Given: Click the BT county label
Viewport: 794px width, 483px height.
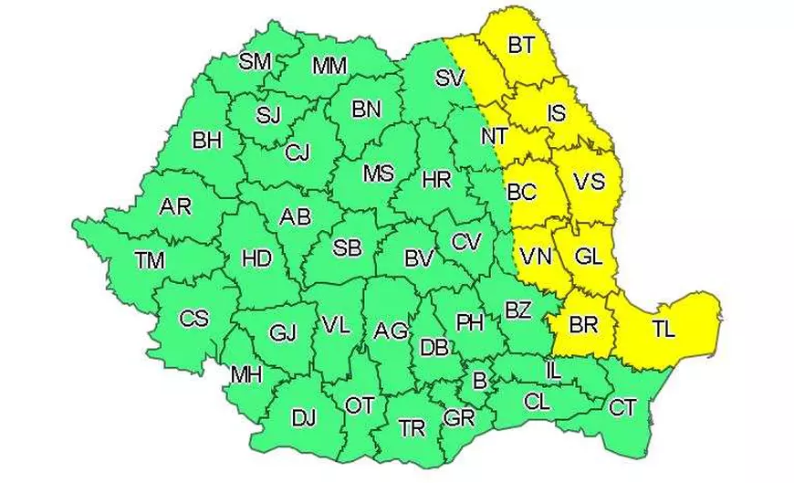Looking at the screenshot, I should point(521,45).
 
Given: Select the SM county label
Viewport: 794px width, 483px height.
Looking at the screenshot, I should point(255,61).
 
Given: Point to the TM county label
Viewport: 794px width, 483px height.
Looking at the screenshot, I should point(150,260).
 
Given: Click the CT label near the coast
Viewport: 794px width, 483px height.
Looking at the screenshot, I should point(622,407).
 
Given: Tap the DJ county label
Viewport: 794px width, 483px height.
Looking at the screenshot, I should point(303,418).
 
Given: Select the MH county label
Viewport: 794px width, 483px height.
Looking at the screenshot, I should point(246,374).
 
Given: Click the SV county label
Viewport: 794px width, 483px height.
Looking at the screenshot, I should point(450,79).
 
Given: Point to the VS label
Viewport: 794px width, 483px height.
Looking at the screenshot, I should point(590,182).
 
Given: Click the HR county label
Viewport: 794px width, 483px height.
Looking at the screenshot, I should point(437,181).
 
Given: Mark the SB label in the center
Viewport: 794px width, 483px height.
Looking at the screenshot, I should point(347,247).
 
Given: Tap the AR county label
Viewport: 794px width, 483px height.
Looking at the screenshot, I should point(175,207).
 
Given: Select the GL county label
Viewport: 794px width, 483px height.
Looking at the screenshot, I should point(588,257).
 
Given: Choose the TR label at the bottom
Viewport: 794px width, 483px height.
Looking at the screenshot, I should point(413,426).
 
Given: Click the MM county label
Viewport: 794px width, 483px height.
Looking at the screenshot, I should point(329,66).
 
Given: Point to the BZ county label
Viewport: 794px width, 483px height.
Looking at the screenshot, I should point(517,310).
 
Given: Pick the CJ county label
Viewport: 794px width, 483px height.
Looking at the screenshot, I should point(298,152).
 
